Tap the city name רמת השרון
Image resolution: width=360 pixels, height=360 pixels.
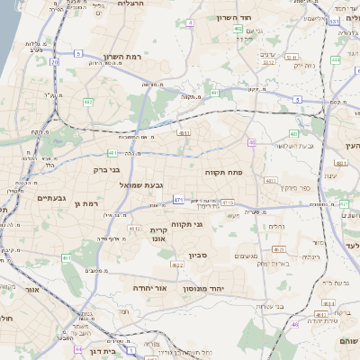tap(124, 56)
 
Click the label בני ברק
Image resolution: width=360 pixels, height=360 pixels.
tap(106, 168)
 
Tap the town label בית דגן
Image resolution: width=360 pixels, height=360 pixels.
tap(106, 354)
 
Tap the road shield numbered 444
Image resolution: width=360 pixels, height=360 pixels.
tap(334, 59)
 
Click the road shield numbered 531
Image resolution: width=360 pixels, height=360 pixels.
tap(334, 21)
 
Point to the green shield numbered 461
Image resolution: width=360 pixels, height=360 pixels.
tap(67, 258)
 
